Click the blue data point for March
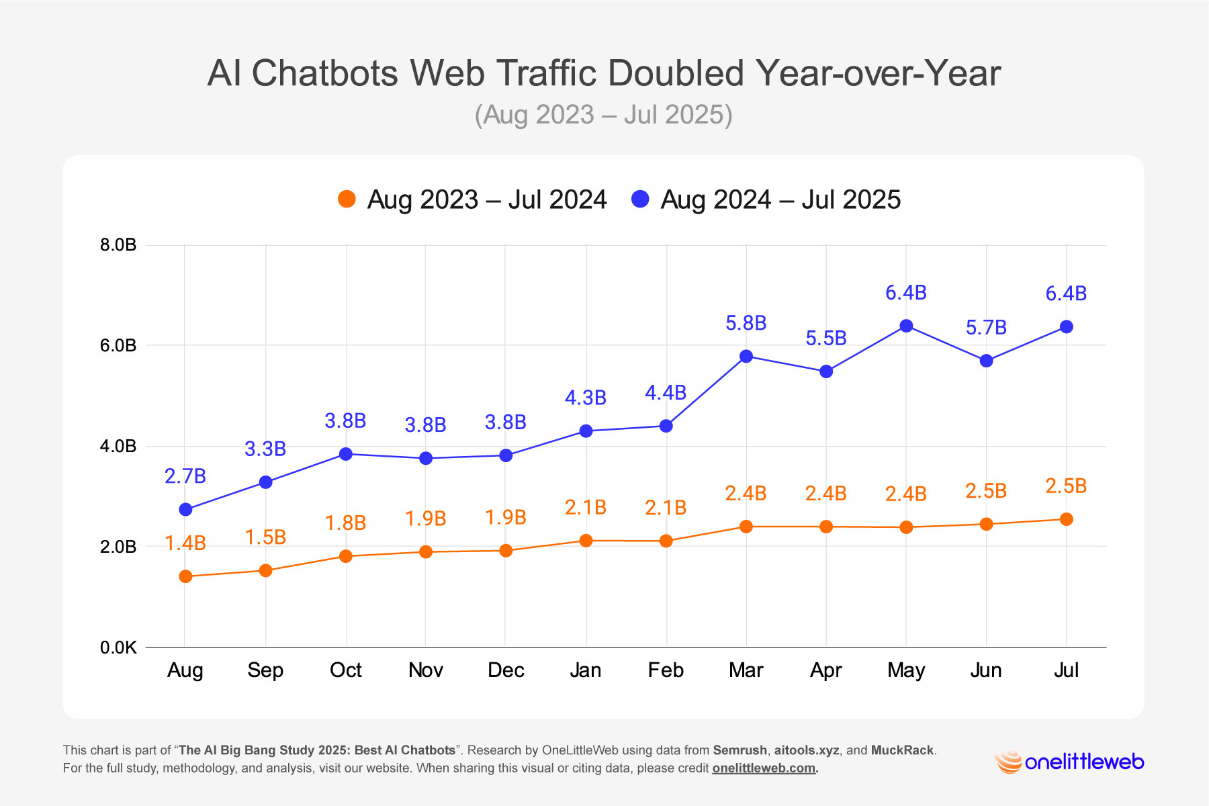tap(746, 356)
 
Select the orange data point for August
tap(185, 576)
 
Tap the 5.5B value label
tap(825, 339)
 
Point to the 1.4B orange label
tap(185, 543)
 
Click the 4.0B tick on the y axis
tap(118, 446)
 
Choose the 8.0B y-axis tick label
tap(118, 244)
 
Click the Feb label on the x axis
tap(666, 670)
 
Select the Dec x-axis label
tap(506, 670)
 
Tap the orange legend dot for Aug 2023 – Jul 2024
tap(347, 199)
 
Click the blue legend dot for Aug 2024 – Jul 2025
tap(641, 199)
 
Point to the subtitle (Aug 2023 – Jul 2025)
tap(603, 115)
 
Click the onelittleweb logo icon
tap(1007, 762)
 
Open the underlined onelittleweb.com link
tap(764, 768)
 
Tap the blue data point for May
tap(906, 326)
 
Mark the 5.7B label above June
tap(986, 328)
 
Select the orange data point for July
tap(1066, 519)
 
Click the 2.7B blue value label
tap(185, 476)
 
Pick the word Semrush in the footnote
tap(740, 750)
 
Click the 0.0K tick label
tap(118, 647)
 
